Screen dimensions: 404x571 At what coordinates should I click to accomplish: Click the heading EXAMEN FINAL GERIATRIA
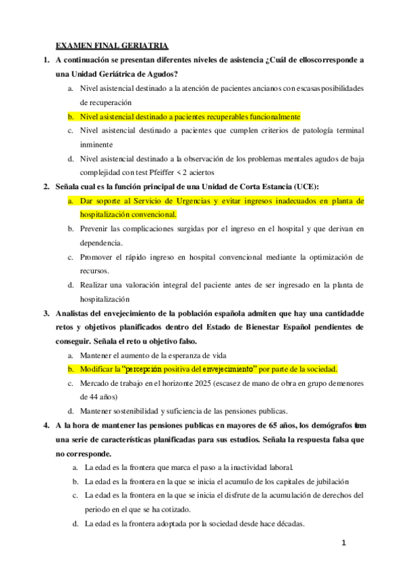(x=111, y=45)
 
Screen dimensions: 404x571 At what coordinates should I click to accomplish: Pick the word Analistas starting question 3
(x=76, y=313)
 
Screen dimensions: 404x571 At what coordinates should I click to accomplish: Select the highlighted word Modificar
(x=99, y=369)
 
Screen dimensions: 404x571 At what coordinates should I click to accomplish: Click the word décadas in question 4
(x=288, y=524)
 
